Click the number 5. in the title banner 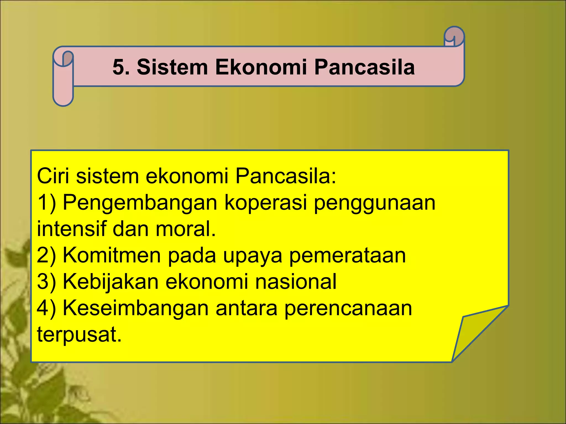click(x=121, y=67)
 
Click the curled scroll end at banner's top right click(x=454, y=37)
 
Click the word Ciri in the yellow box click(x=53, y=176)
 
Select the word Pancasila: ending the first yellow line click(x=285, y=176)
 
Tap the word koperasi click(x=266, y=202)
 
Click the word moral click(x=185, y=229)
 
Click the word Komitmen click(x=112, y=255)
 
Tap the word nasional click(x=296, y=282)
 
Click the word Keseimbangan click(x=136, y=308)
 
